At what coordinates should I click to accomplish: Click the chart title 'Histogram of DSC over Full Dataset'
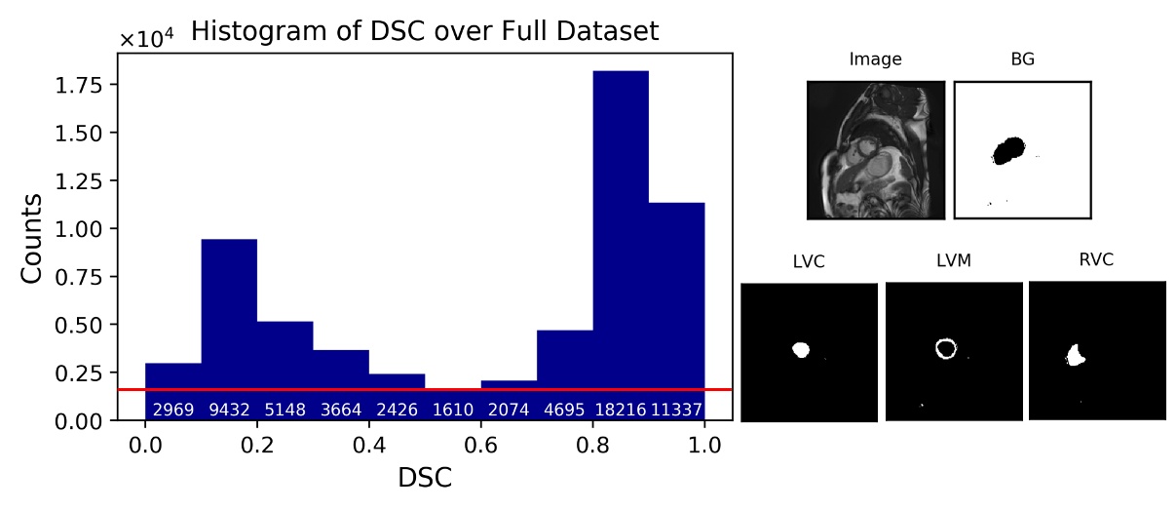424,31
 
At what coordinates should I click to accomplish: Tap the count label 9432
229,409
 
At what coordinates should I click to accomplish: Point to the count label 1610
452,409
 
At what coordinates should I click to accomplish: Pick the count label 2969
172,409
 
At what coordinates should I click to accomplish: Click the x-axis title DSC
424,479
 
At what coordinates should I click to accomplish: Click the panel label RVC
1095,259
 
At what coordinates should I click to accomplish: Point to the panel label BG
1022,59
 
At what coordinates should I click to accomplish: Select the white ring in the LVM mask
945,348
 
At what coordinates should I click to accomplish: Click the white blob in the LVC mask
801,348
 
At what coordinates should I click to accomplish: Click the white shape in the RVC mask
1077,355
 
